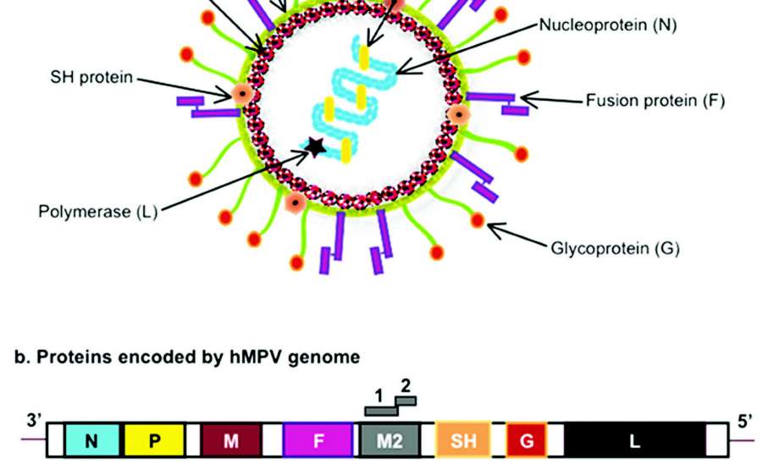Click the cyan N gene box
[91, 440]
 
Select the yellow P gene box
[154, 440]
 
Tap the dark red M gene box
[230, 440]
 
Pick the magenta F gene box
[317, 440]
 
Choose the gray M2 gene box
[389, 440]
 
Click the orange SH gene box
[463, 440]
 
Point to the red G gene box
[527, 440]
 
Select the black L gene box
[635, 440]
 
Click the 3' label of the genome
[34, 421]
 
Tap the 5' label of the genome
[745, 421]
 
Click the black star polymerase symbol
[315, 147]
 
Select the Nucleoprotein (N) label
[608, 25]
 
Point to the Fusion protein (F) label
[655, 101]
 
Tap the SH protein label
[91, 78]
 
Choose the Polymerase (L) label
[98, 211]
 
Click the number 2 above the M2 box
[406, 385]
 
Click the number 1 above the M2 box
[380, 395]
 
